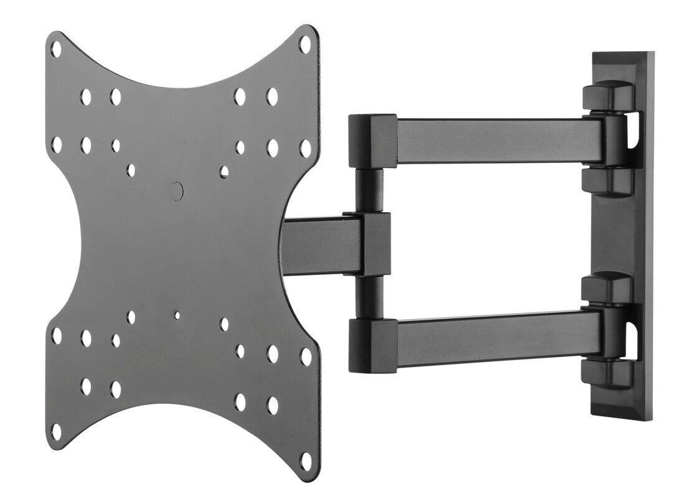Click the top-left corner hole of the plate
click(56, 49)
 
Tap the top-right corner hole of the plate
click(305, 44)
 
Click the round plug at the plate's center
click(177, 191)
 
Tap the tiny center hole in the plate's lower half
click(177, 315)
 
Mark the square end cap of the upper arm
click(372, 141)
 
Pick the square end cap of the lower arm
click(372, 345)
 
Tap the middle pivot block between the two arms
click(373, 244)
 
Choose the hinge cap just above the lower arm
click(607, 287)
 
